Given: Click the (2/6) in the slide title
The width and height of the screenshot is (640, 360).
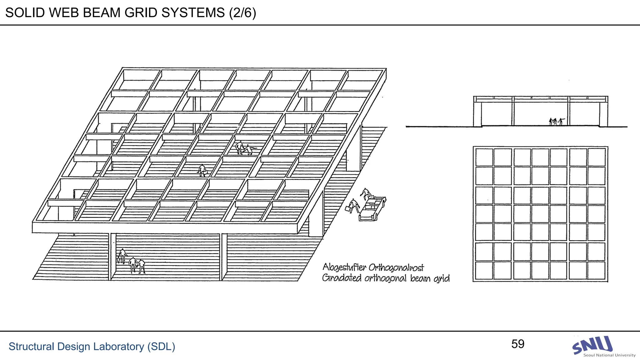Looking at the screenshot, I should (242, 13).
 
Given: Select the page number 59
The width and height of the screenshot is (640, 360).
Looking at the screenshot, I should (518, 344).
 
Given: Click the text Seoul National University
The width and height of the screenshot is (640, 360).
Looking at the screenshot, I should (609, 355).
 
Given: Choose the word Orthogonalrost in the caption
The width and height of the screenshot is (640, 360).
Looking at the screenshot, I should (396, 267).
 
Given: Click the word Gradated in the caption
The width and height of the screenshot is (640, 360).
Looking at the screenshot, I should (342, 278).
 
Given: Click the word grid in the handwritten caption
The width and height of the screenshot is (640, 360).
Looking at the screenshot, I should (441, 278).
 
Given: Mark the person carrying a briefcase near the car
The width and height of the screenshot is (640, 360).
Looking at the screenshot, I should (353, 206).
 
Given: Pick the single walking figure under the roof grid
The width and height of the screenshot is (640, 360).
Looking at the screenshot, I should (202, 171).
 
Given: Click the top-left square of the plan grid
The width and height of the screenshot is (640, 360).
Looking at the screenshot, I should (484, 157).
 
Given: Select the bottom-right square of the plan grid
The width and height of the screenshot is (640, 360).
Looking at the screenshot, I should (597, 270).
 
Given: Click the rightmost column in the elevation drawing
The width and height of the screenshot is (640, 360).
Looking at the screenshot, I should (603, 114).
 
